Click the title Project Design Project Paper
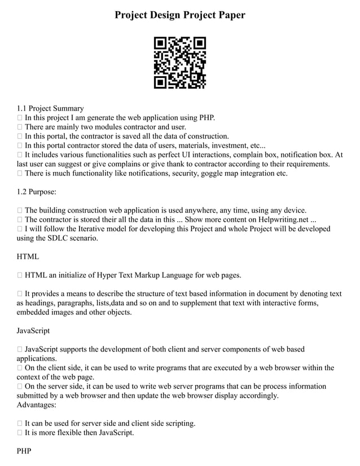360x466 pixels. (180, 15)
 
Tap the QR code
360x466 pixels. (180, 63)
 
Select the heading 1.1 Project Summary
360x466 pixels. (50, 108)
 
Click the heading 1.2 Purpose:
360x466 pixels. (37, 192)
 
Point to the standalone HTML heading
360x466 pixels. (28, 257)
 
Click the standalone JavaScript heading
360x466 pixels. (33, 331)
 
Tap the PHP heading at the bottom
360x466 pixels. (24, 451)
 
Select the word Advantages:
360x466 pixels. (37, 405)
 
